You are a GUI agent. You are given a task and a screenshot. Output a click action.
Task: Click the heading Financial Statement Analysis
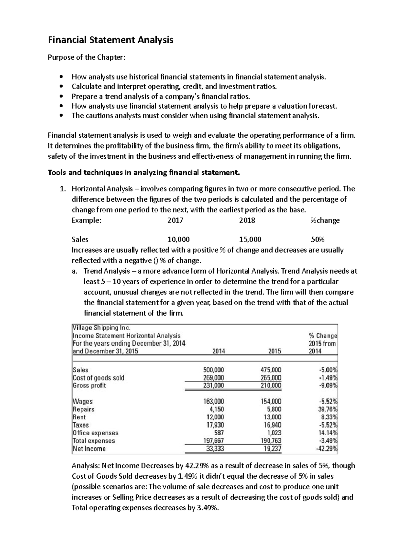tap(111, 40)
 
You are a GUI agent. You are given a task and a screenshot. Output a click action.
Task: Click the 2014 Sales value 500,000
tap(214, 370)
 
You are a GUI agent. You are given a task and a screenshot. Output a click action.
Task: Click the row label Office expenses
tap(95, 433)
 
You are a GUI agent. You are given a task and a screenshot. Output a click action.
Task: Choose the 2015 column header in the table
tap(275, 351)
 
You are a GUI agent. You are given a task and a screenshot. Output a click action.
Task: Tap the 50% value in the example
tap(318, 239)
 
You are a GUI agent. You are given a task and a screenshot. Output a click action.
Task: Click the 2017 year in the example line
tap(175, 220)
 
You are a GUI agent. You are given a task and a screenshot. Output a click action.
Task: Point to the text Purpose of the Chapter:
tap(87, 58)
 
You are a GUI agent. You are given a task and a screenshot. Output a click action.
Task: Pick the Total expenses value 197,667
tap(214, 440)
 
